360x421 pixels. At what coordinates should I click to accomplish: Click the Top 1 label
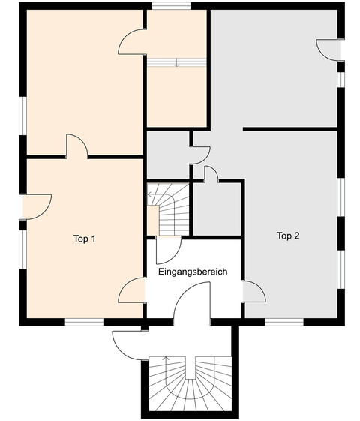click(x=84, y=239)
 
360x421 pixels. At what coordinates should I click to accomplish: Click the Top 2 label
click(x=288, y=236)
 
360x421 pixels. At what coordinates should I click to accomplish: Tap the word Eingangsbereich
click(x=193, y=272)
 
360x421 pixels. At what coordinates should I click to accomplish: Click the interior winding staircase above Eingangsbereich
click(x=168, y=209)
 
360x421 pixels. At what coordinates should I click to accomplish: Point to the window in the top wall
click(x=172, y=6)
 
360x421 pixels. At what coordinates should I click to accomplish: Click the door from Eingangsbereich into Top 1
click(x=132, y=290)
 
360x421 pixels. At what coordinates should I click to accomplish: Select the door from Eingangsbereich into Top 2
click(x=254, y=292)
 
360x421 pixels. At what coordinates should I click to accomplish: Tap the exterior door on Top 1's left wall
click(x=37, y=206)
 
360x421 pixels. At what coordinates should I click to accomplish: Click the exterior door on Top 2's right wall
click(x=329, y=50)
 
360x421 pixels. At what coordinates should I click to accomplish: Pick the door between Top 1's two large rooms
click(x=77, y=146)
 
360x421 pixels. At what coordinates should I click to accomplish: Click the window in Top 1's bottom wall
click(x=84, y=322)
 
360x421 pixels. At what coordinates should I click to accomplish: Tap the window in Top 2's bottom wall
click(x=284, y=322)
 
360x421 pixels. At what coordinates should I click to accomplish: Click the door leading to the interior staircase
click(x=169, y=250)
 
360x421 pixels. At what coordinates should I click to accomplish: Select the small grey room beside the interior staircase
click(x=217, y=209)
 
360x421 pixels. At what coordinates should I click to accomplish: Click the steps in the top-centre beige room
click(x=176, y=62)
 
